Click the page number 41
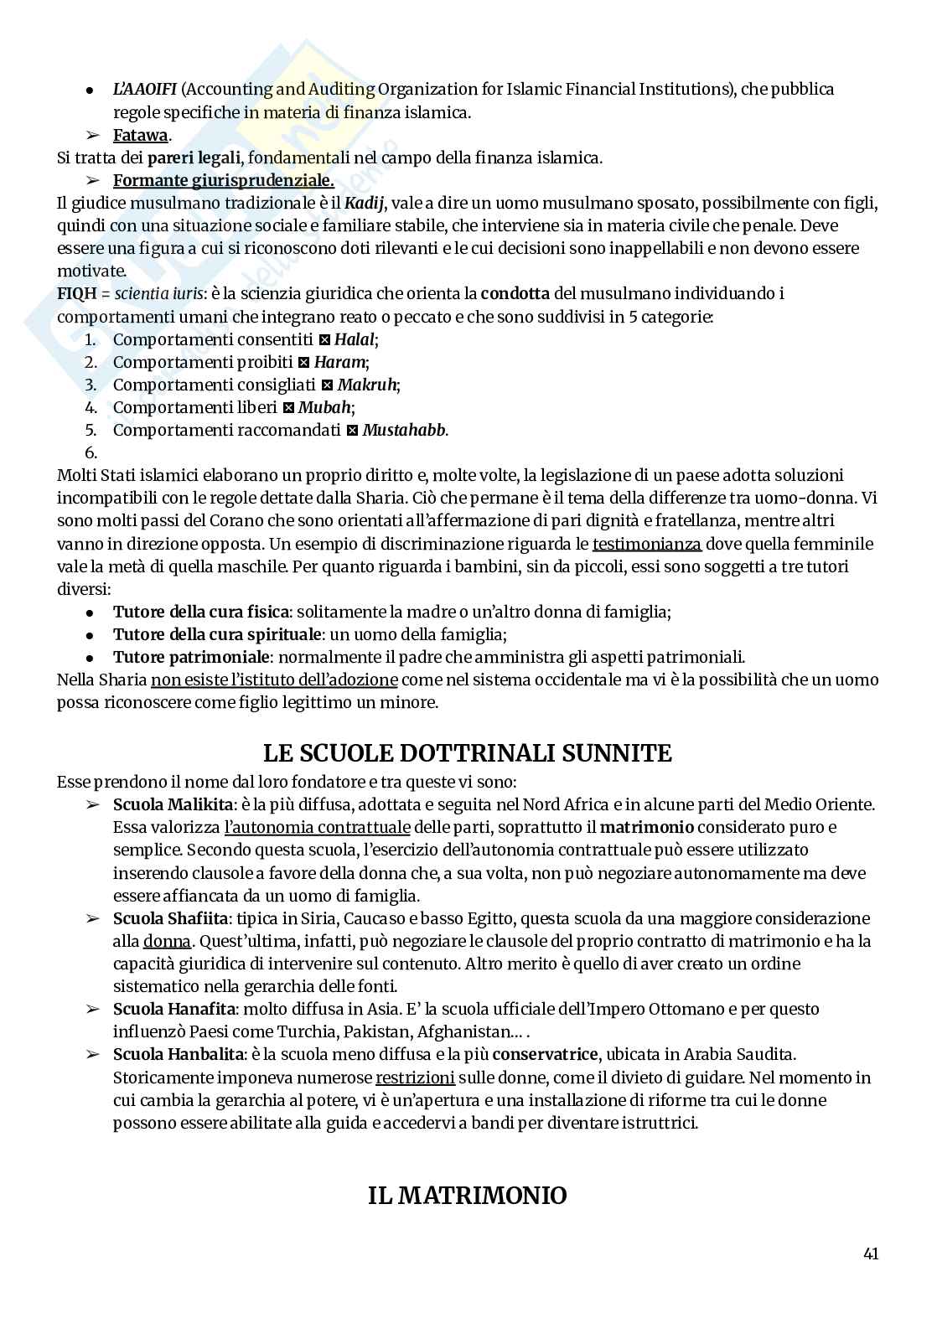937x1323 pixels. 870,1254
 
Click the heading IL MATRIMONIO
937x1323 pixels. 468,1196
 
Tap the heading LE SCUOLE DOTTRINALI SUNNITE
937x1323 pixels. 468,752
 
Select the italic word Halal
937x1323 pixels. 355,339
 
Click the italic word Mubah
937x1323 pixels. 325,407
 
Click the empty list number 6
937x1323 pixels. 91,452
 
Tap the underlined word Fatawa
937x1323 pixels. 141,135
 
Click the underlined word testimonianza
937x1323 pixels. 646,544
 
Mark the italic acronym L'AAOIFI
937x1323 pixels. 144,89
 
